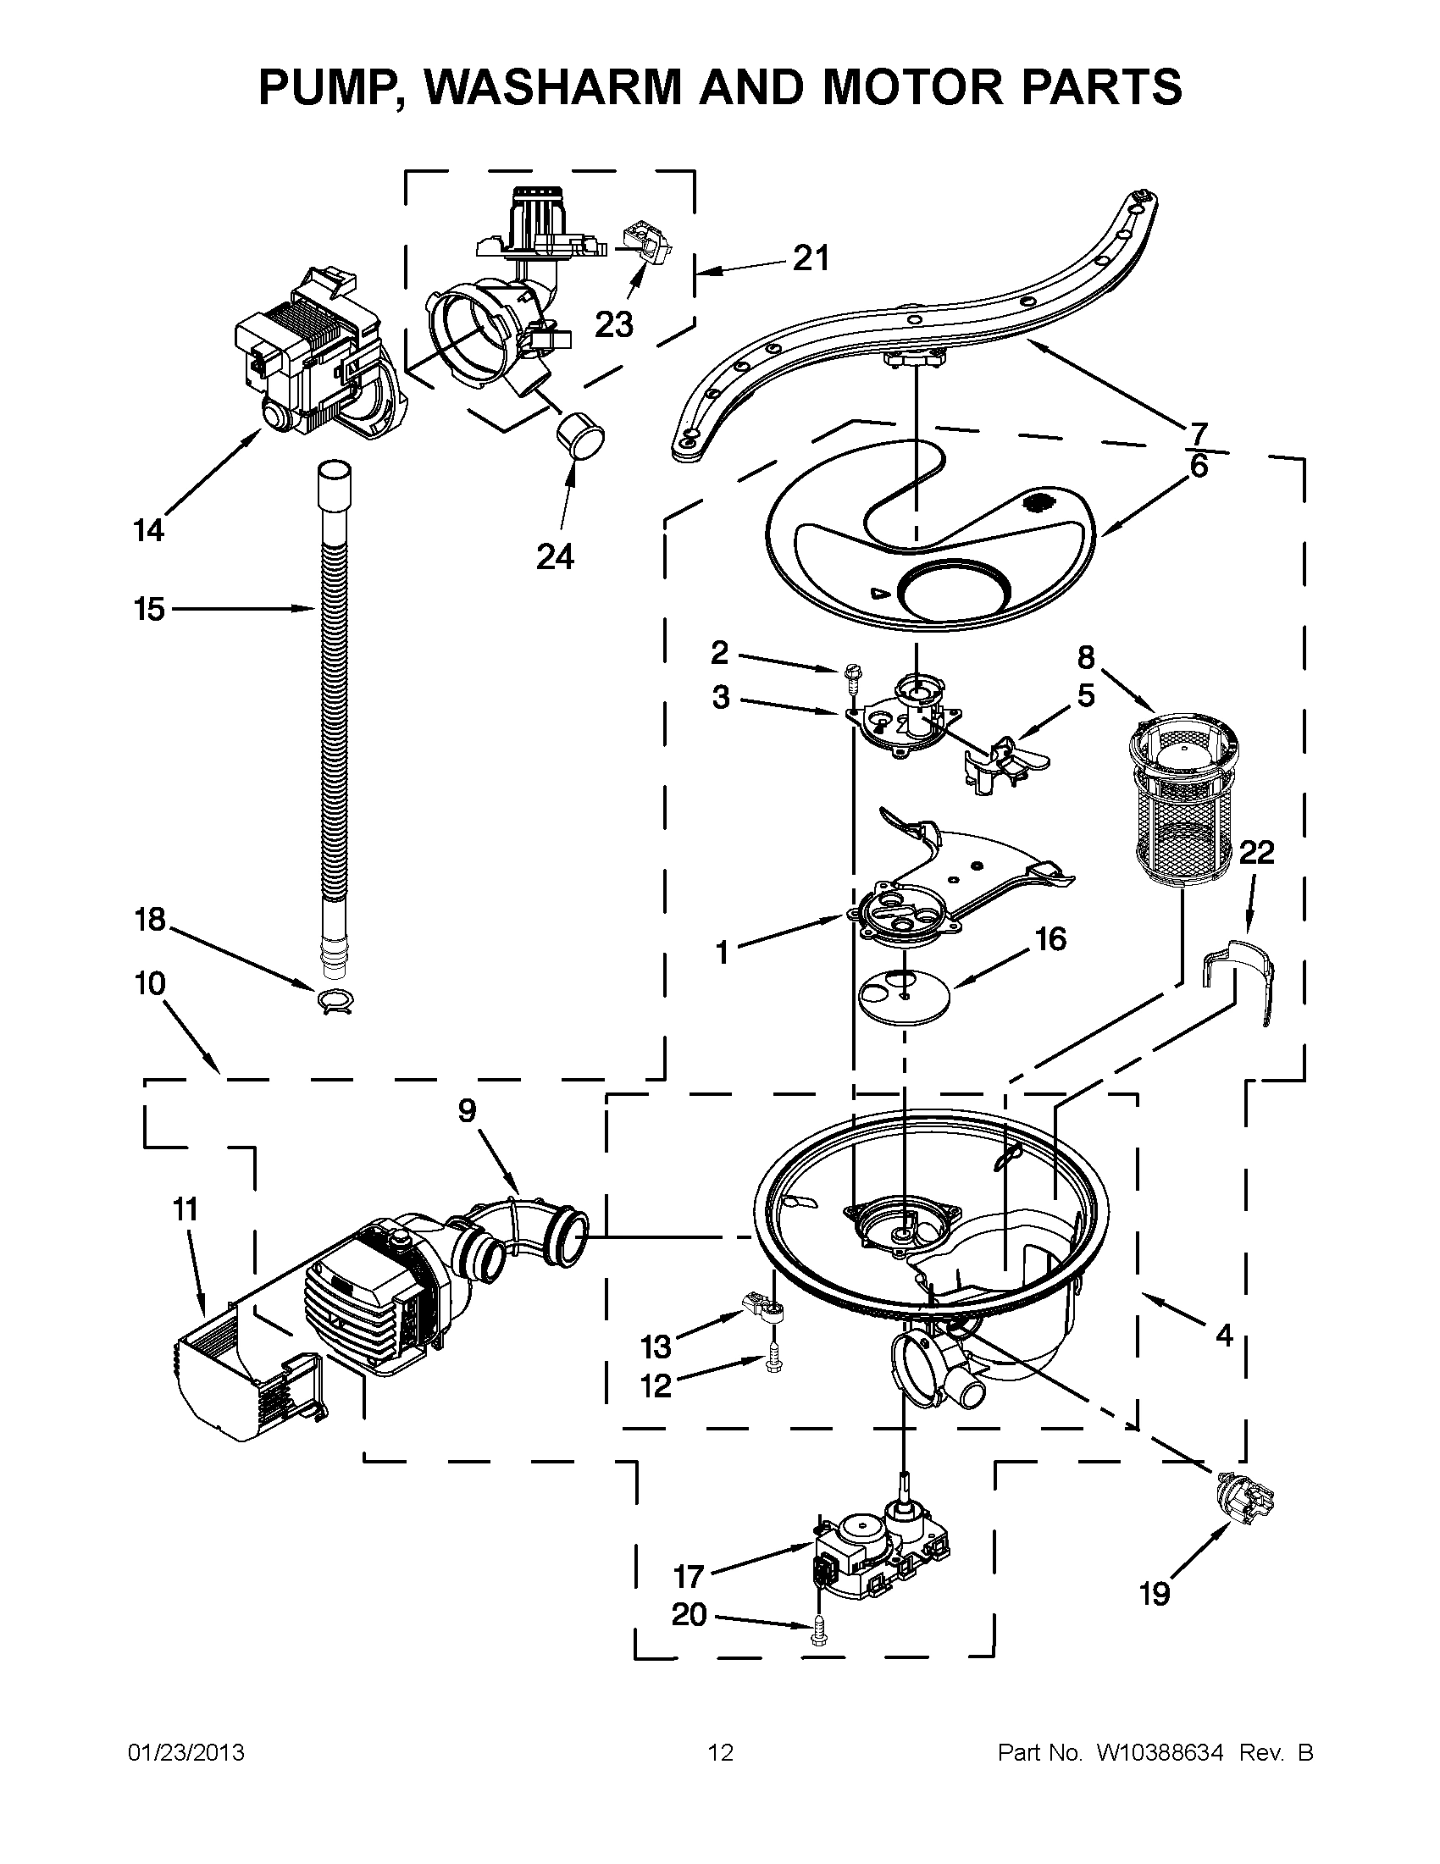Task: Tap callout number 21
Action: [x=810, y=257]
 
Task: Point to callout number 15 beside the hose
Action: [x=148, y=610]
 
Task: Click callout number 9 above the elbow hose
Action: [x=466, y=1111]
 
